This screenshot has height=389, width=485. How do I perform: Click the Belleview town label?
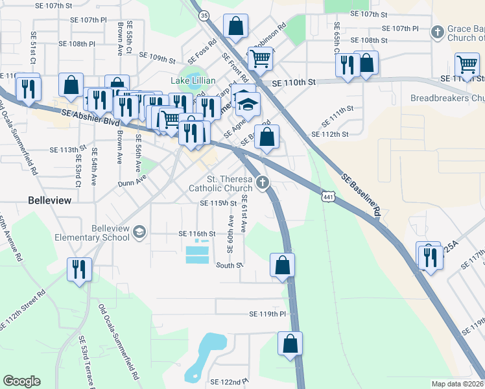[49, 201]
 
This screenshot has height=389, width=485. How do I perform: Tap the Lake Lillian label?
[193, 81]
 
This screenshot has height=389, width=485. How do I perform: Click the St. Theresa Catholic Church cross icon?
[263, 183]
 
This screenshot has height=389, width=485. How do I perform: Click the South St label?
[229, 265]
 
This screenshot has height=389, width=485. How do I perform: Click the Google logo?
[21, 381]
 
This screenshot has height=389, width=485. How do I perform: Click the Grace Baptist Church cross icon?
[438, 31]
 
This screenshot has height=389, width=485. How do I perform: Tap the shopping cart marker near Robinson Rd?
[260, 58]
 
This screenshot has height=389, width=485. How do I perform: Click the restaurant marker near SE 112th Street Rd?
[80, 271]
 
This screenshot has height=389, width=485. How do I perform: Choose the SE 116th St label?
[196, 233]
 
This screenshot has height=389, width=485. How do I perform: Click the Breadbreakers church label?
[447, 99]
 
